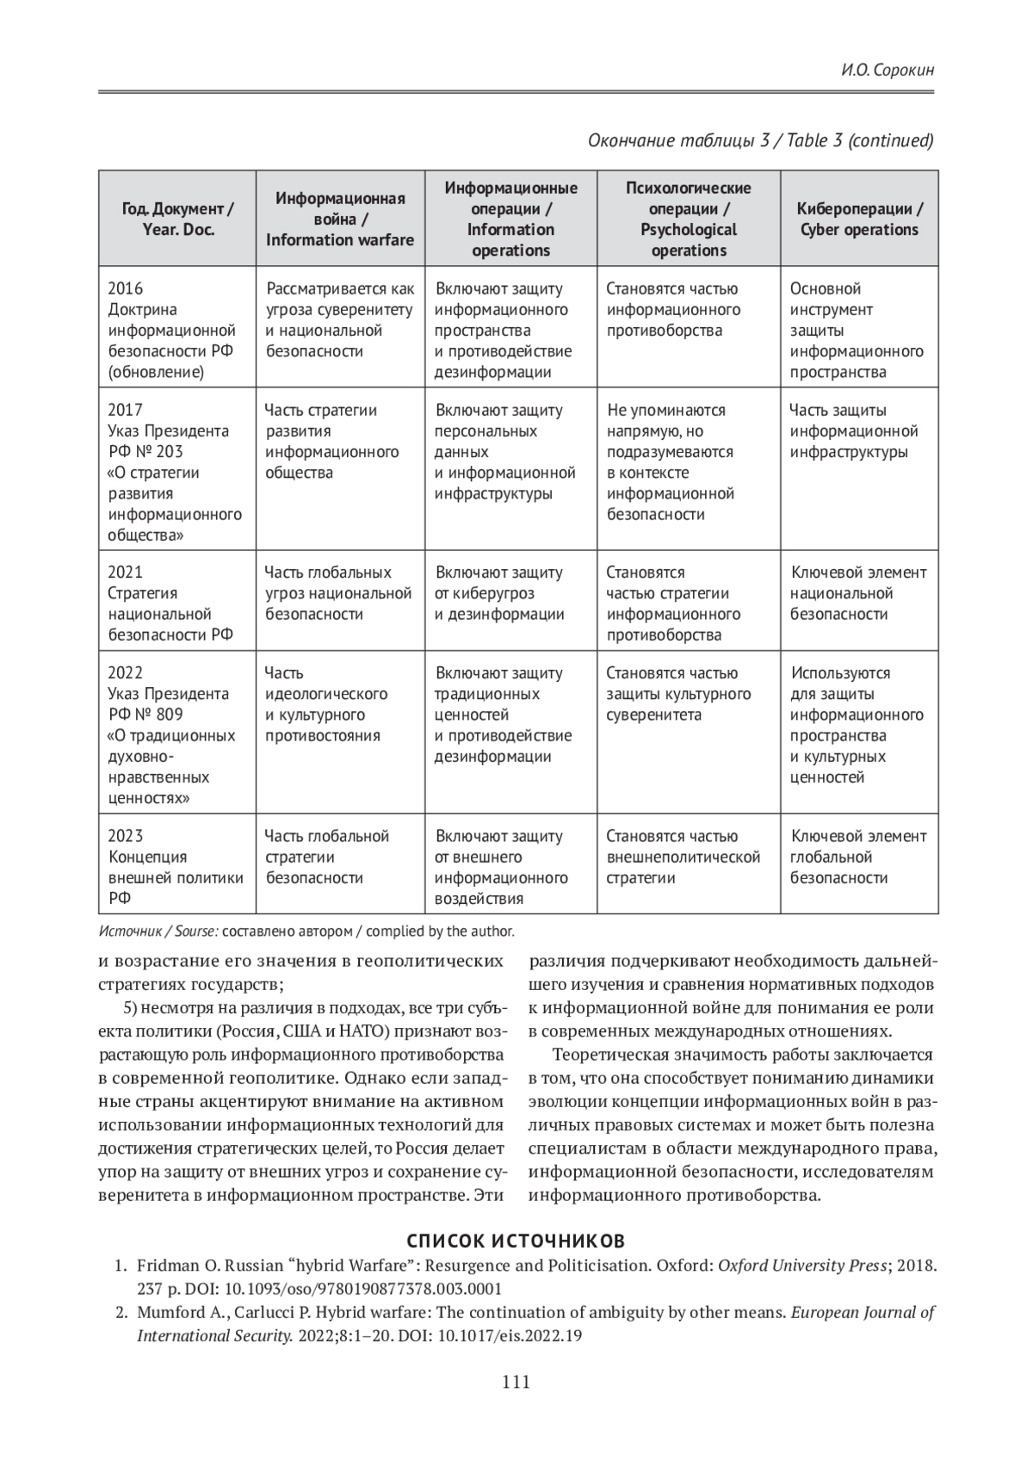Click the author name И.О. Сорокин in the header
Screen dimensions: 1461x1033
pos(888,70)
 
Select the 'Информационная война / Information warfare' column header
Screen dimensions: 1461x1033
pos(340,219)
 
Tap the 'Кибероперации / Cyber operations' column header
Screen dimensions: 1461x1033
pos(859,219)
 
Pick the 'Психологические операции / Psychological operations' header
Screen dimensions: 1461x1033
pos(688,219)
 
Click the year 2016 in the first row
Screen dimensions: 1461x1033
pos(126,288)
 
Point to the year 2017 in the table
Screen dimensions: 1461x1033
pos(126,410)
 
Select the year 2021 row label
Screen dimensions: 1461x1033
pos(126,573)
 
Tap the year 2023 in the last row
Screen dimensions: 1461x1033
pos(126,836)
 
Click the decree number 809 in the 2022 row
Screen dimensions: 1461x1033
pos(169,715)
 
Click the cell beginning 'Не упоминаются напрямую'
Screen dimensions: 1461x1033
pos(671,461)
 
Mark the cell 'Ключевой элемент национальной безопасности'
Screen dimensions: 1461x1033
pos(858,593)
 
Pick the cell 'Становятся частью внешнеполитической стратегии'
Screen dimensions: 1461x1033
pos(683,857)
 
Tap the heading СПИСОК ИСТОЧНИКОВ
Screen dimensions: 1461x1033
pos(516,1241)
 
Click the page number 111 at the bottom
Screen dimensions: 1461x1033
pos(516,1383)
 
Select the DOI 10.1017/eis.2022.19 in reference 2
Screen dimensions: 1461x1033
pos(511,1336)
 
